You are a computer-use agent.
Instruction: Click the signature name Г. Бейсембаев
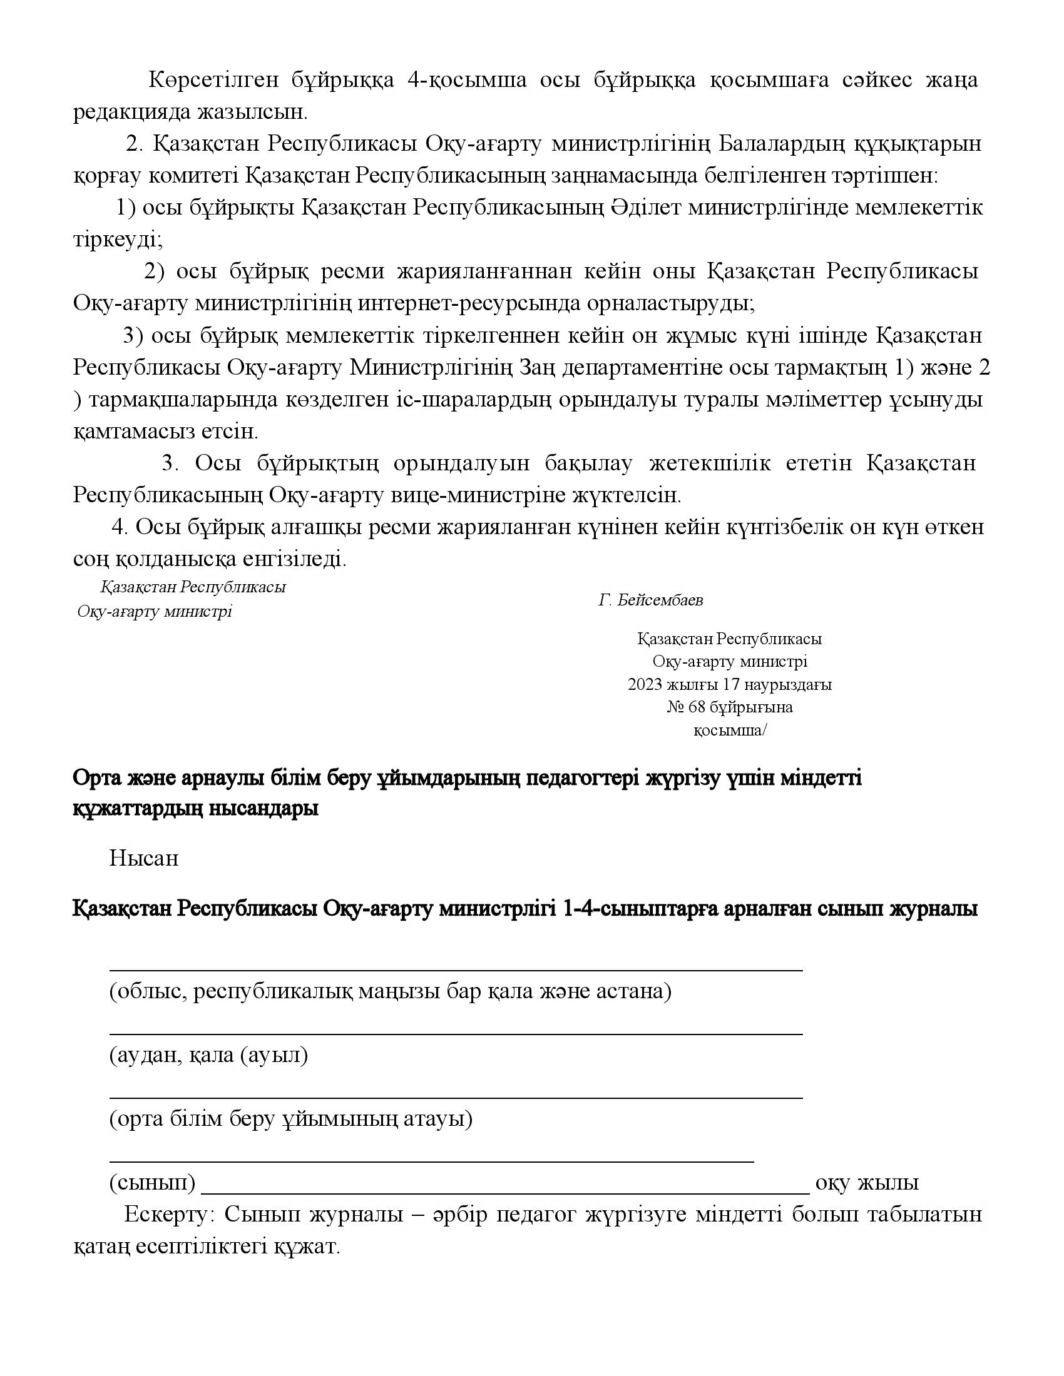650,600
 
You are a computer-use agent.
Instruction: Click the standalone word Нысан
144,857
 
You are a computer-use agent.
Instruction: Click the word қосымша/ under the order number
730,730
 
